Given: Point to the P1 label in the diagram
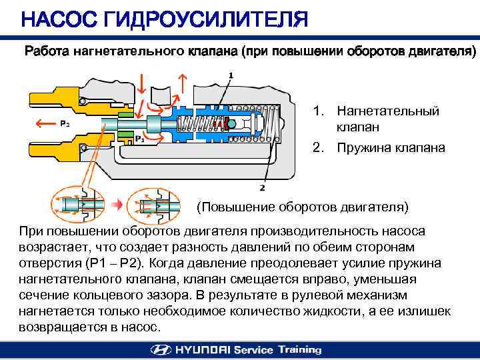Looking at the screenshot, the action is (x=139, y=139).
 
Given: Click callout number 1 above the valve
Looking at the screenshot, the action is (x=231, y=75).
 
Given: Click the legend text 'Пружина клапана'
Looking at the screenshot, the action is (x=391, y=148).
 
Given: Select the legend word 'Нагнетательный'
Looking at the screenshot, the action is (x=388, y=111).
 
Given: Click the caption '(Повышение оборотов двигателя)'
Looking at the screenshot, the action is (x=302, y=206).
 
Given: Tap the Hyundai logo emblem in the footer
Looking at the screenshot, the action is (x=160, y=349).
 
